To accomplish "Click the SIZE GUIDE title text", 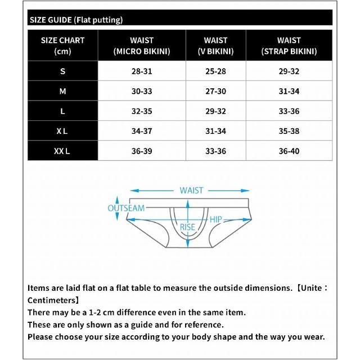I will point(75,20).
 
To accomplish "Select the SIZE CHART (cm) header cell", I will point(62,46).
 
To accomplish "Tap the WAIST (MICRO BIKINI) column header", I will point(142,46).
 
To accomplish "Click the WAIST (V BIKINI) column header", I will point(215,46).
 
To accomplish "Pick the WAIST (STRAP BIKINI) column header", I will point(289,46).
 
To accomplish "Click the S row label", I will point(62,71).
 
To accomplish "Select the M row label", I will point(62,91).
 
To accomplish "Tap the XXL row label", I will point(62,151).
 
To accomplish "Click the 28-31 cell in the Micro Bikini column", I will point(142,71).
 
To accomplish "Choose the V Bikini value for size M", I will point(215,91).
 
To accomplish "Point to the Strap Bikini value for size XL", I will point(289,131).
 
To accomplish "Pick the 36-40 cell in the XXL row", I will point(289,151).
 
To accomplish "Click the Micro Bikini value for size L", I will point(142,111).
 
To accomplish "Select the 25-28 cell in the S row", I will point(215,71).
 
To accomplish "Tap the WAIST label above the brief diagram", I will point(191,191).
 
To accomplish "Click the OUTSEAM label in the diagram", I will point(126,208).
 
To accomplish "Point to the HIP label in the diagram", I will point(215,220).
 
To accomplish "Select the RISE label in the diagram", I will point(187,227).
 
